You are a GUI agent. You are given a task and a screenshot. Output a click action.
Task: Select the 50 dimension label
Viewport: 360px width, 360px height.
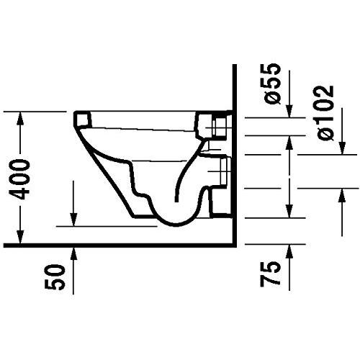(61, 276)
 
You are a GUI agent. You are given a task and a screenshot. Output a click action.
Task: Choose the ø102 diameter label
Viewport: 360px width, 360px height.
(324, 112)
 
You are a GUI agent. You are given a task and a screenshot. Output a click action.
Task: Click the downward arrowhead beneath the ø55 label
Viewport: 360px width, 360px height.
(290, 109)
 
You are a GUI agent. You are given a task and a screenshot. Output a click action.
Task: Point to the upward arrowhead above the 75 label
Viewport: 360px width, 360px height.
(290, 251)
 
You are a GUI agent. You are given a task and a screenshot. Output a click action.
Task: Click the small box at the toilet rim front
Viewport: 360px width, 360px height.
(83, 118)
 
